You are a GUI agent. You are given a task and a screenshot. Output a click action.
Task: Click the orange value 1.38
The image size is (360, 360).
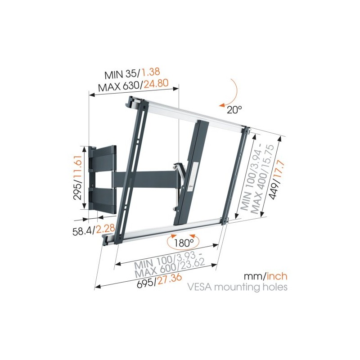click(151, 72)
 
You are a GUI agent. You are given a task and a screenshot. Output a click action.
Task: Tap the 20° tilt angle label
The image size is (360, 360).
click(234, 110)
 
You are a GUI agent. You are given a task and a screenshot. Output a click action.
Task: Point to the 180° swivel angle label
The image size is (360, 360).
click(184, 243)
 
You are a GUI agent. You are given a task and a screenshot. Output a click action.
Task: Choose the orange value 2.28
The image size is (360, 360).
click(105, 229)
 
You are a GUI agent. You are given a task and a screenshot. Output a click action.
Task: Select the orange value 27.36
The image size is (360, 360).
click(169, 278)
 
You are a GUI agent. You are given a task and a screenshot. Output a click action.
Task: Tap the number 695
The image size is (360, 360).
click(145, 283)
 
